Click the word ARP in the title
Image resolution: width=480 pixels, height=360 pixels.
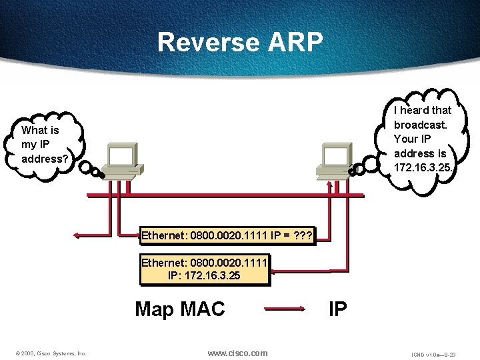295,42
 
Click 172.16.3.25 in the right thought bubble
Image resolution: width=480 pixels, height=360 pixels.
423,168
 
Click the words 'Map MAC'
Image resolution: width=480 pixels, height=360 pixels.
180,309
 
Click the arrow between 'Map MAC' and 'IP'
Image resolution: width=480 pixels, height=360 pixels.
287,309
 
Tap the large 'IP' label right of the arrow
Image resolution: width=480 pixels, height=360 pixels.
337,309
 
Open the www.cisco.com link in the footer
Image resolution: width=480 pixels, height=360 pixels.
238,353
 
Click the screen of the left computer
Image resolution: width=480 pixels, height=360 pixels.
123,156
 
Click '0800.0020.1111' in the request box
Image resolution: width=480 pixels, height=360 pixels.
224,235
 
